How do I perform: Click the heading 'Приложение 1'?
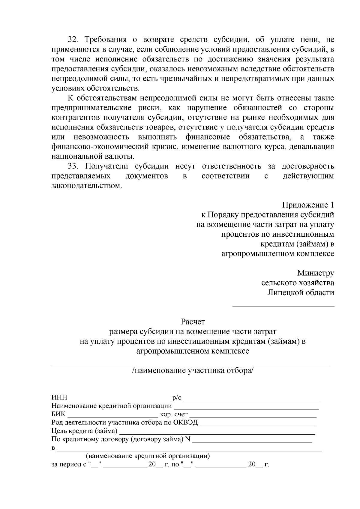tap(308, 205)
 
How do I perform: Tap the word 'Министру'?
tap(315, 273)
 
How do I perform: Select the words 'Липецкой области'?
tap(301, 293)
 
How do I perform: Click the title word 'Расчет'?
tap(193, 322)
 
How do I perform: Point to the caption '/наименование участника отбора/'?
tap(193, 370)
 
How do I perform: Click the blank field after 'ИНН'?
tap(120, 399)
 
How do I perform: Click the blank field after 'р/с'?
tap(252, 399)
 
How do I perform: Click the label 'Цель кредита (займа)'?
tap(85, 431)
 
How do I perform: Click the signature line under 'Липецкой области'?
tap(283, 306)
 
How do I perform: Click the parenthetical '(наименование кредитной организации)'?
tap(148, 456)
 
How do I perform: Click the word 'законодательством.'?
tap(87, 186)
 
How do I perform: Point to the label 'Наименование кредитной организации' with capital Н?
tap(112, 406)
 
